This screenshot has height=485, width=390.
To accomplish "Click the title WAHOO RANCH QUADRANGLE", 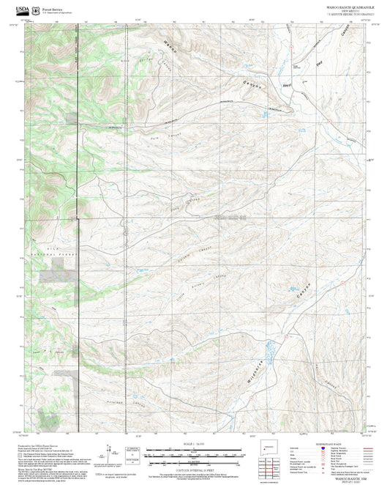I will click(x=342, y=5).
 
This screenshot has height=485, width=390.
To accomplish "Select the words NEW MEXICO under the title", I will click(x=342, y=9).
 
